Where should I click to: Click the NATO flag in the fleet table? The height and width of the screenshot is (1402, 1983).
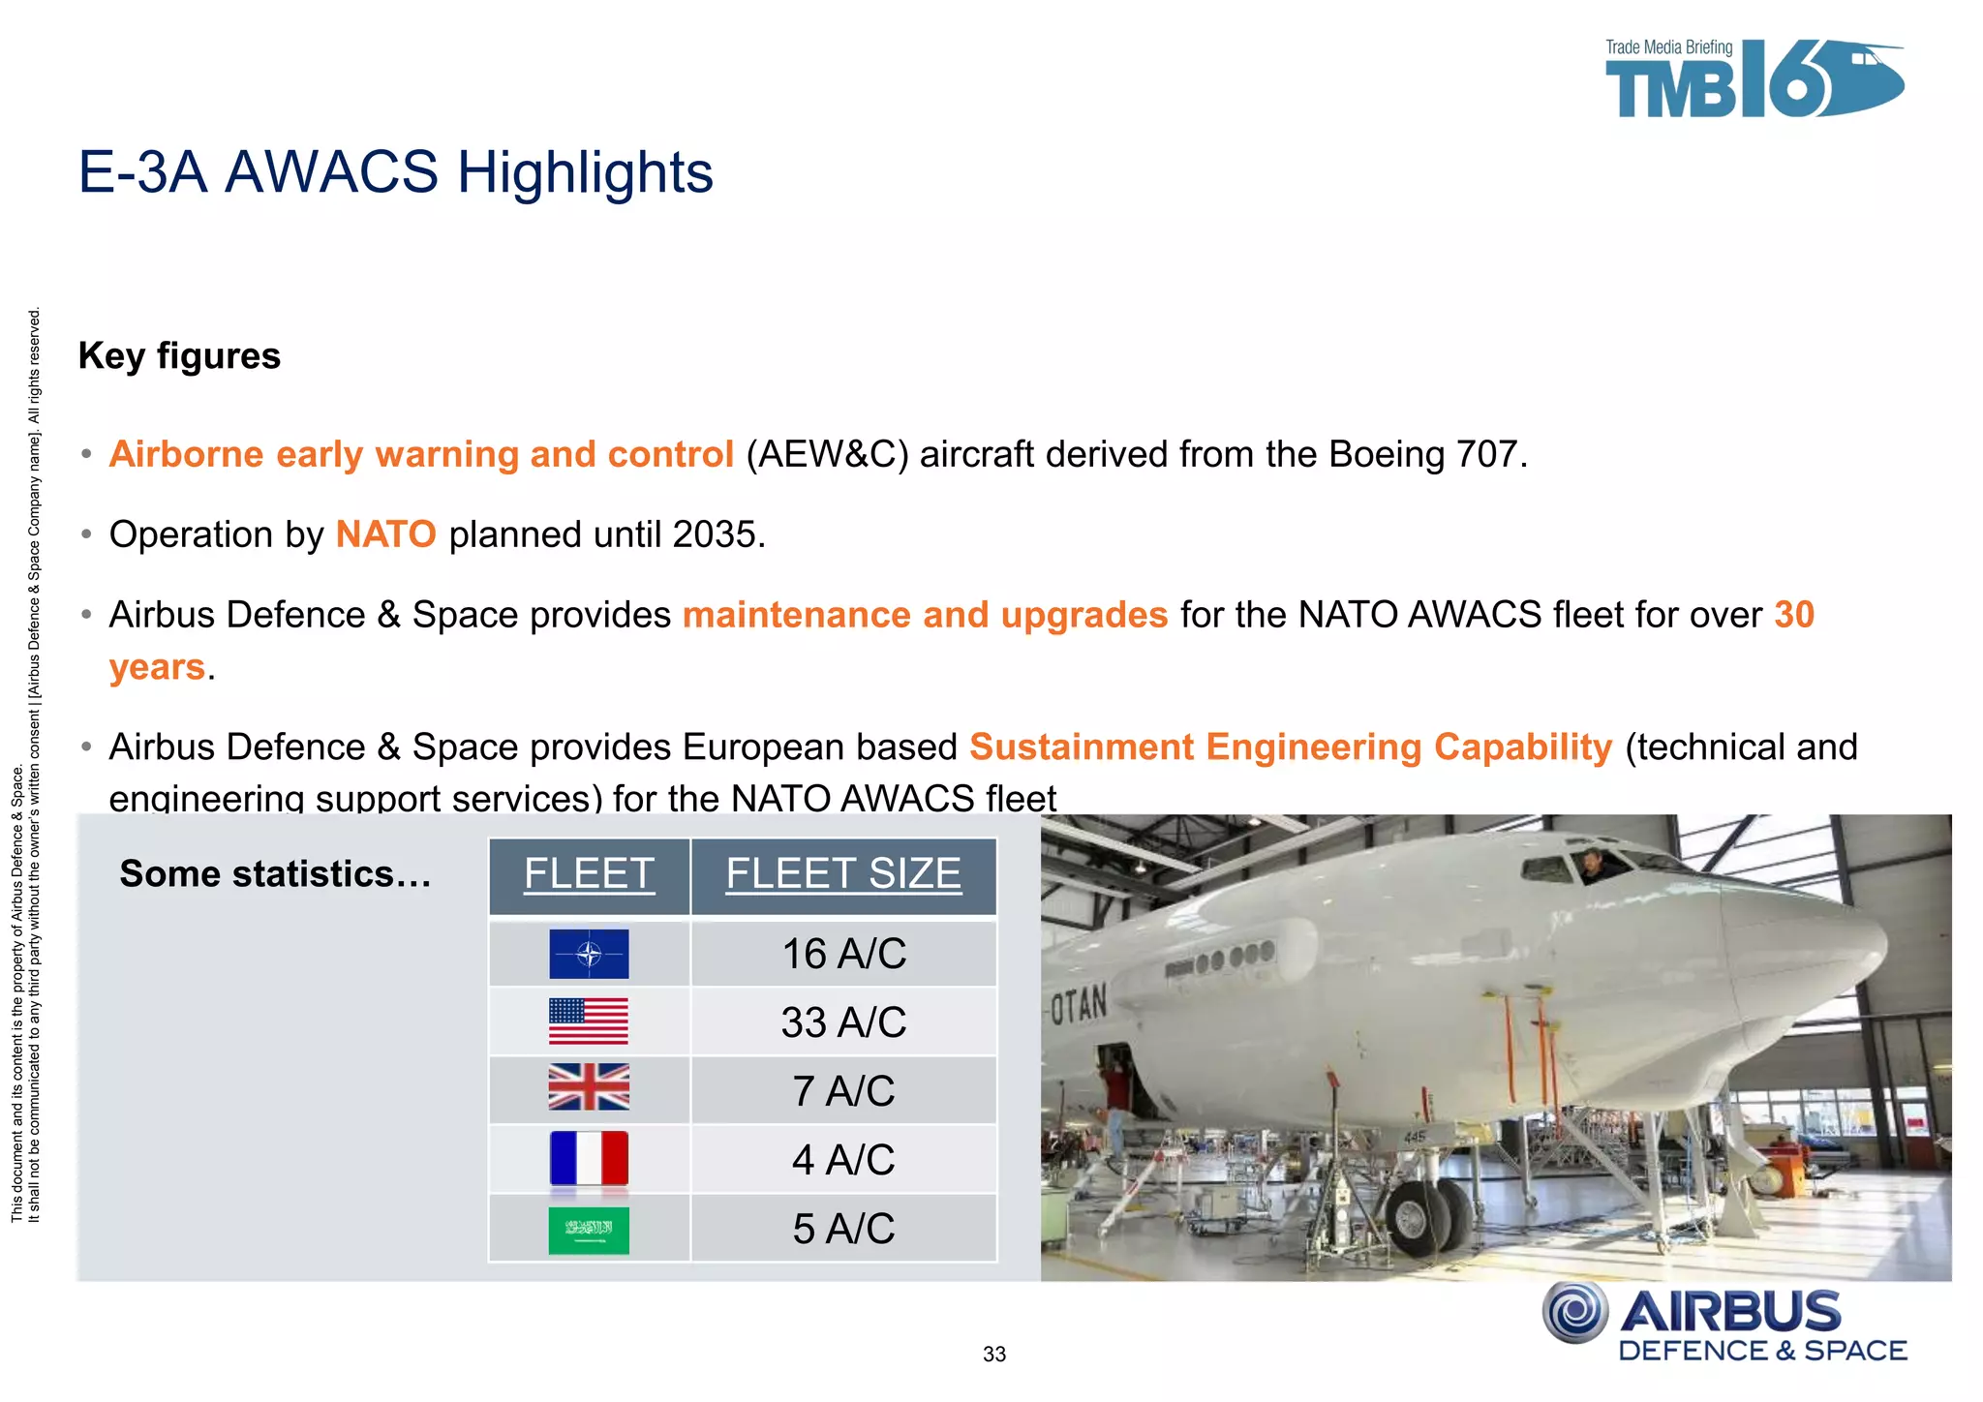(589, 954)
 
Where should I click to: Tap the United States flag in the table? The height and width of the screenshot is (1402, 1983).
(589, 1021)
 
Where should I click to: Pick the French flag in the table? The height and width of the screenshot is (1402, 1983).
(589, 1159)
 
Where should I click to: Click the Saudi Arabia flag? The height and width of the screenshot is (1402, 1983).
(589, 1230)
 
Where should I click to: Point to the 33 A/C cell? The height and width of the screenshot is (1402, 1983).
(843, 1022)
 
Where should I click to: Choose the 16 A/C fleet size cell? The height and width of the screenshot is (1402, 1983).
(843, 954)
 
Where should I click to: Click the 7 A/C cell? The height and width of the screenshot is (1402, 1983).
(843, 1091)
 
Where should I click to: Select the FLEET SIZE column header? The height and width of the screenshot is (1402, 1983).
(843, 874)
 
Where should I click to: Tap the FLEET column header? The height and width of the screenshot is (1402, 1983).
(589, 874)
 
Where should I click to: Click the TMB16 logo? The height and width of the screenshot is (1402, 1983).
(1753, 79)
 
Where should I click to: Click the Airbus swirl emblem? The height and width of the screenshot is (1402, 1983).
(1575, 1313)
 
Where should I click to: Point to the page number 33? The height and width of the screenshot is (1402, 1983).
(994, 1355)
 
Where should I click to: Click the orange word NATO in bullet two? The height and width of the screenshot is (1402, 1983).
(385, 534)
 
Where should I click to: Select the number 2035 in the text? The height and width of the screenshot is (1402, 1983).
(715, 534)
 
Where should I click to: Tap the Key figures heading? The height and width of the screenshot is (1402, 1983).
(179, 355)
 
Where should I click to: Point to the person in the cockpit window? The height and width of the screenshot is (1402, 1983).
(1592, 865)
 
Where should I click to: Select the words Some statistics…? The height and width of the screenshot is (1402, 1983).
(275, 874)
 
